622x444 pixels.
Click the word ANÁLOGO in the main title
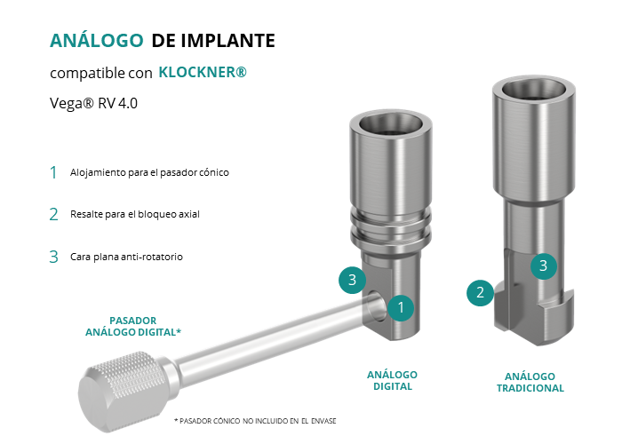click(x=96, y=40)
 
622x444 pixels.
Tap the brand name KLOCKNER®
click(x=203, y=72)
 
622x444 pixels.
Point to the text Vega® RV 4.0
click(x=93, y=103)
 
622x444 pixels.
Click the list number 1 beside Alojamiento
click(x=53, y=172)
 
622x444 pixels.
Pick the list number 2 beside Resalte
click(x=53, y=215)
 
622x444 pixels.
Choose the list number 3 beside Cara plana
click(x=53, y=257)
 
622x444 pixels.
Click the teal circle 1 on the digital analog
click(x=401, y=307)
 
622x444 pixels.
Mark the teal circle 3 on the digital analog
click(x=352, y=280)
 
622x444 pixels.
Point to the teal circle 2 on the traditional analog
click(x=480, y=292)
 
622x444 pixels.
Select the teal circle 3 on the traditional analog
click(x=544, y=266)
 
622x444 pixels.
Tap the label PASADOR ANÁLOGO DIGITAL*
click(x=133, y=326)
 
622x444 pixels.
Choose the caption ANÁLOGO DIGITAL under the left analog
click(x=393, y=381)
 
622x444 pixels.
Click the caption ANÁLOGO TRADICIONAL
click(x=530, y=382)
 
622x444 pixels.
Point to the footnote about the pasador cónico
click(x=255, y=421)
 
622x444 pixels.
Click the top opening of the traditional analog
click(x=534, y=89)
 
